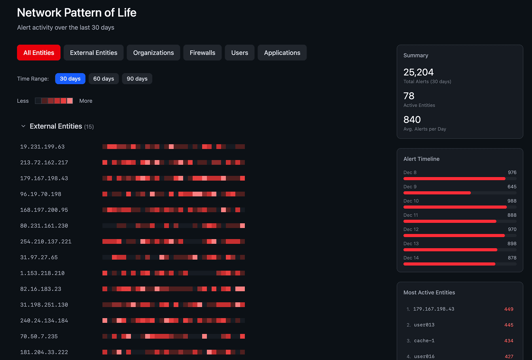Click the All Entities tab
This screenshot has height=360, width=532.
point(39,53)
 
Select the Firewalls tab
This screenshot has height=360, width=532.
point(202,53)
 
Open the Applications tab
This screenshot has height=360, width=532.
point(282,53)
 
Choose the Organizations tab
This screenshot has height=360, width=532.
point(153,53)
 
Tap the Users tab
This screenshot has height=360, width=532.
point(240,53)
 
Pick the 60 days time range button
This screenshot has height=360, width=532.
point(104,79)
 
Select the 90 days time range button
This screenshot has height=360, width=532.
point(137,79)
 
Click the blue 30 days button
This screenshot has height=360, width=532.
point(70,79)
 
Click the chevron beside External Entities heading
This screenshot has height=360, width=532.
point(23,126)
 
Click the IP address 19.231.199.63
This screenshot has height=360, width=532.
point(42,147)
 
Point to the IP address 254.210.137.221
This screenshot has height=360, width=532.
point(46,241)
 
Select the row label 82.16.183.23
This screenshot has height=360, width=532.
point(41,289)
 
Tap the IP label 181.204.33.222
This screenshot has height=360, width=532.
point(44,352)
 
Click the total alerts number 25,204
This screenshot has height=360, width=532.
point(418,72)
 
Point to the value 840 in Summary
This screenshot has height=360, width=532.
point(412,120)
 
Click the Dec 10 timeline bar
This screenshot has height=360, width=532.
point(455,207)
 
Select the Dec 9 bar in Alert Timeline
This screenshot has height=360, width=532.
point(437,193)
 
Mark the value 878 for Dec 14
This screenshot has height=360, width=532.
point(512,258)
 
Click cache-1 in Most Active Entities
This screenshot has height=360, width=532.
point(424,341)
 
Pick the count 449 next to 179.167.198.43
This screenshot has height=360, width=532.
point(509,309)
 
